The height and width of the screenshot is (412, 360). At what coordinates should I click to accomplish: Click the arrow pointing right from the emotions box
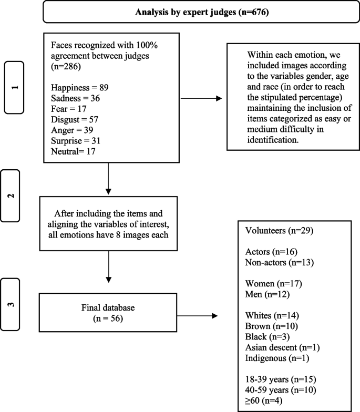click(x=201, y=97)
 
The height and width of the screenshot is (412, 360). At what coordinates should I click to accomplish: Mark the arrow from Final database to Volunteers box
click(x=198, y=316)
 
